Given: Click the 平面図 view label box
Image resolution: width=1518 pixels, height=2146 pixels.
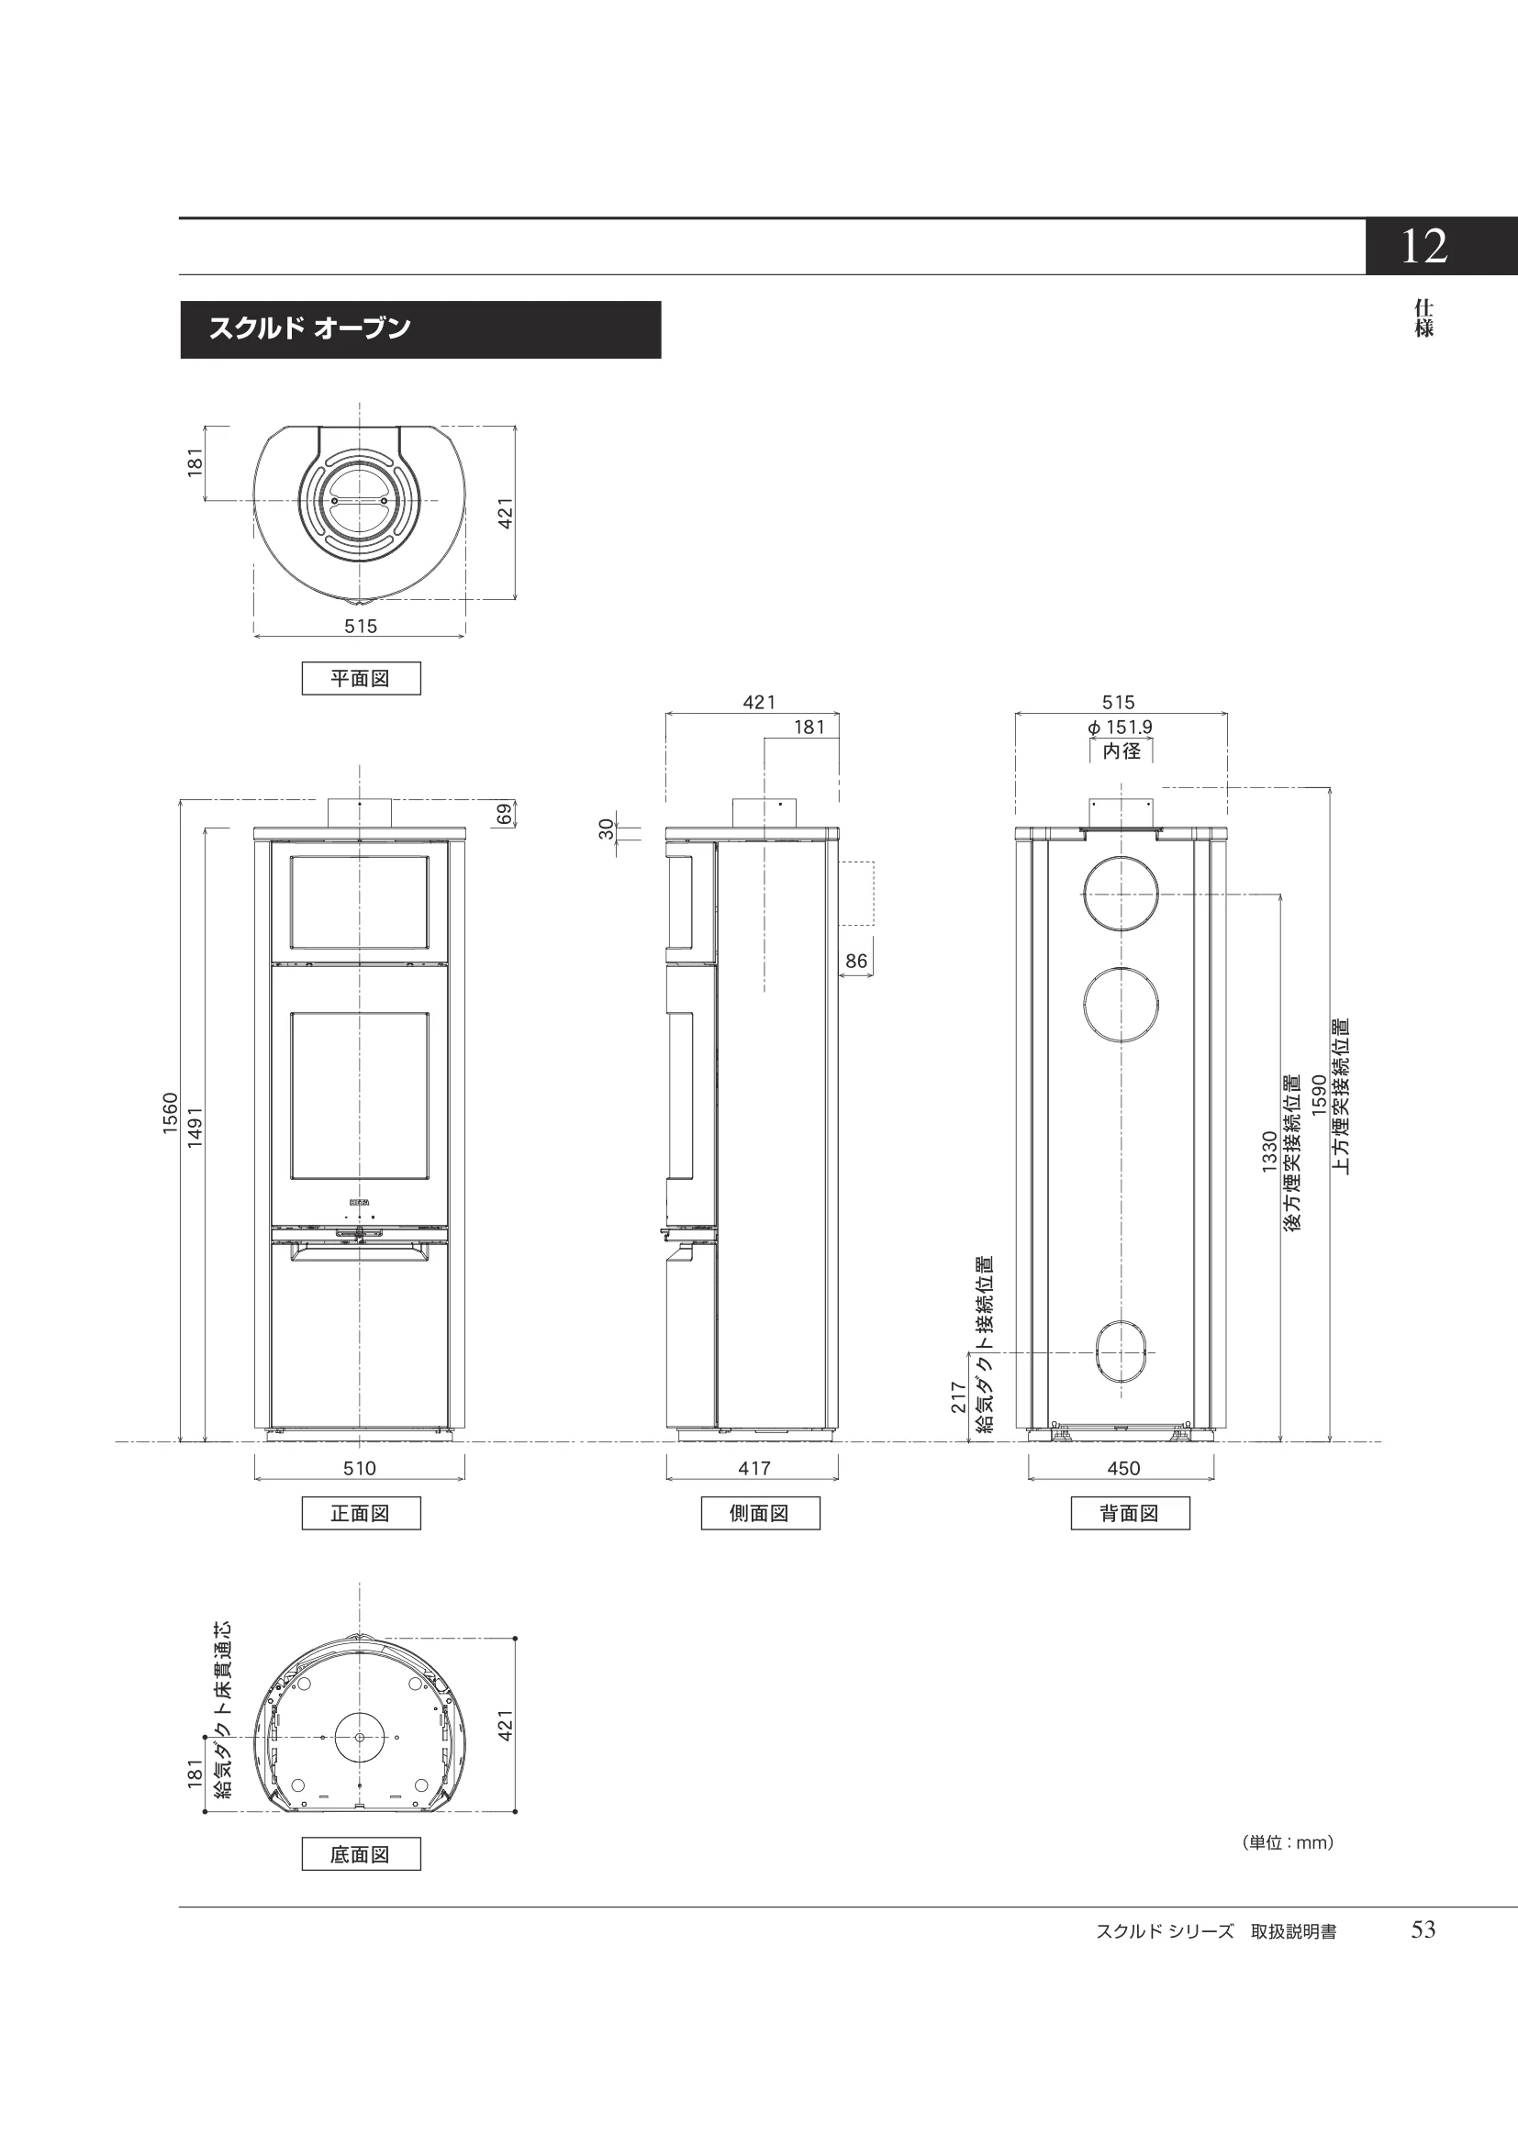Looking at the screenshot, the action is pyautogui.click(x=361, y=678).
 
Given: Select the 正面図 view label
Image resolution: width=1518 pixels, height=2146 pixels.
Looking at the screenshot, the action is pyautogui.click(x=361, y=1512).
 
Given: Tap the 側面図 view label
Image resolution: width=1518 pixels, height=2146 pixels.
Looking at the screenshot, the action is pyautogui.click(x=760, y=1512).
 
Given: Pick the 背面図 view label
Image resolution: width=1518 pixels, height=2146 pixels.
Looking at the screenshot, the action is pyautogui.click(x=1130, y=1512).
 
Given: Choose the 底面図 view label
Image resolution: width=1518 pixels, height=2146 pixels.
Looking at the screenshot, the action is pyautogui.click(x=361, y=1853).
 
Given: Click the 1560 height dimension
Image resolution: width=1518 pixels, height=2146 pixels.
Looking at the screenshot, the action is pyautogui.click(x=170, y=1113).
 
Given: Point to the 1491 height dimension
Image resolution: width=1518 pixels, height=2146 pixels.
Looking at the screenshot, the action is pyautogui.click(x=195, y=1128).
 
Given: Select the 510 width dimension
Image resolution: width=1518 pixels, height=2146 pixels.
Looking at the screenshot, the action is pyautogui.click(x=360, y=1467).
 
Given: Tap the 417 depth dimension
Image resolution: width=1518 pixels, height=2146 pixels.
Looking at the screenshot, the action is pyautogui.click(x=754, y=1467).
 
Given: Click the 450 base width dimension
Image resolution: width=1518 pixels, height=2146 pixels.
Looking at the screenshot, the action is pyautogui.click(x=1123, y=1467).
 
